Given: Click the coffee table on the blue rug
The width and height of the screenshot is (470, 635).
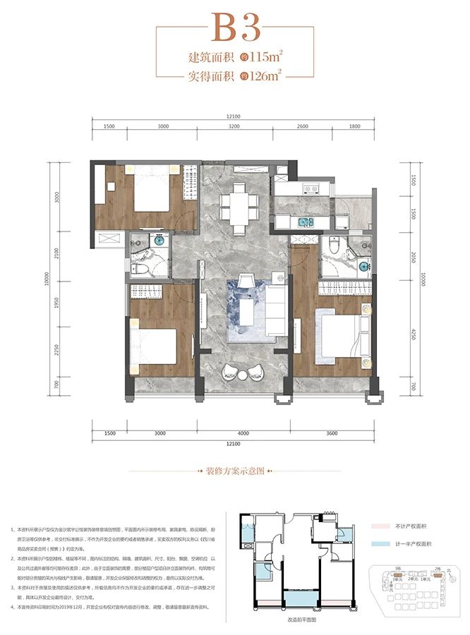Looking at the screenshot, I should pyautogui.click(x=249, y=310).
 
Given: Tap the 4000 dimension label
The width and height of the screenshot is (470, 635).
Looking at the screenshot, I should pyautogui.click(x=243, y=433).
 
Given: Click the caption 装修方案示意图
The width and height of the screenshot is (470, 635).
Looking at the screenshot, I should pyautogui.click(x=234, y=470).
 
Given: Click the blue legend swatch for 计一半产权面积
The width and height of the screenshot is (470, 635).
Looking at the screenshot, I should pyautogui.click(x=390, y=544).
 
